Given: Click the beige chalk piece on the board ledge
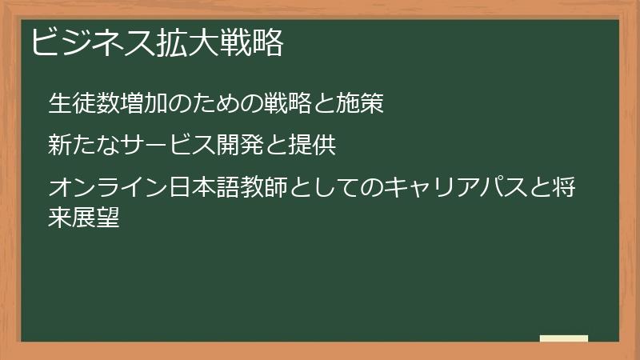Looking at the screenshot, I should tap(564, 338).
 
